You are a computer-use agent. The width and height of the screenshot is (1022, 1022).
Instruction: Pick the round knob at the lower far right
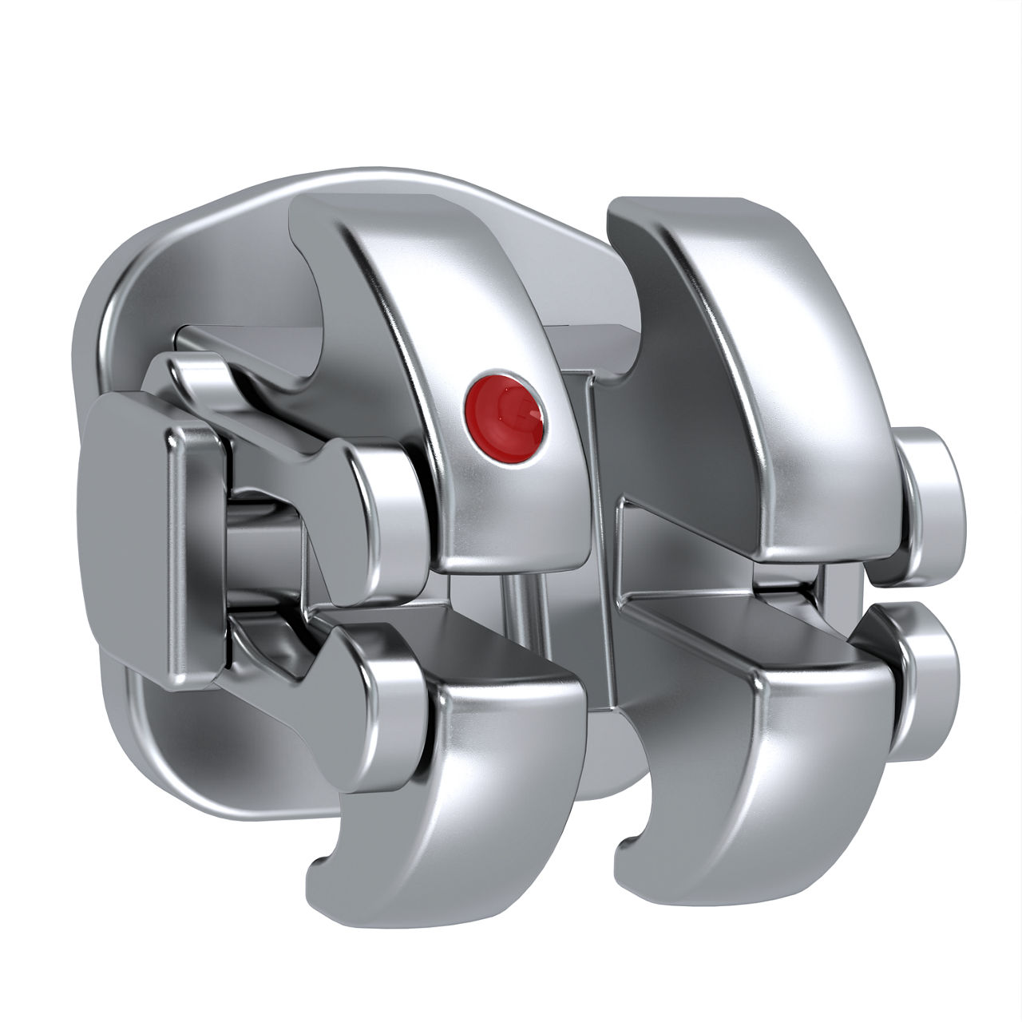[926, 679]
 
